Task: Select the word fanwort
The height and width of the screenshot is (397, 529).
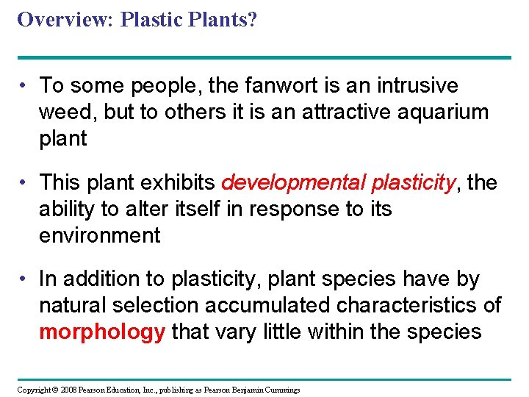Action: pyautogui.click(x=279, y=86)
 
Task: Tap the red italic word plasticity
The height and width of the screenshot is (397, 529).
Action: pyautogui.click(x=414, y=183)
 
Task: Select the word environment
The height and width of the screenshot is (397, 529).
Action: pyautogui.click(x=99, y=236)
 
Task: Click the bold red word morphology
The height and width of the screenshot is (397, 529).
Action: pyautogui.click(x=102, y=332)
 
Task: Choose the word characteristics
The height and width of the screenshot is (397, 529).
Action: pyautogui.click(x=402, y=306)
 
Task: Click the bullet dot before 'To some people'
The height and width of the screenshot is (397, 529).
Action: pyautogui.click(x=24, y=87)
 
